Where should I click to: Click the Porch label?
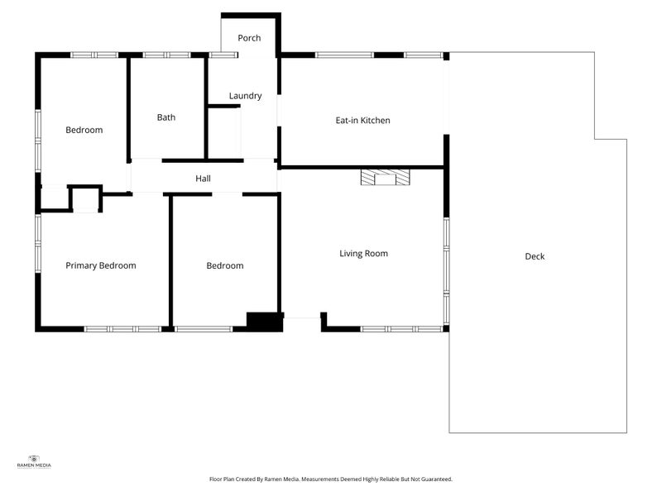249,38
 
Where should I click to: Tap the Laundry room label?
245,96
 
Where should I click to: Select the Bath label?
166,117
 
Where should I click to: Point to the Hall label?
203,179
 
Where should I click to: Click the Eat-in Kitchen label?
362,120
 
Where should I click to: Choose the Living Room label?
363,254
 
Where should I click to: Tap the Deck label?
535,256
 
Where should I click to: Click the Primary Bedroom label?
101,265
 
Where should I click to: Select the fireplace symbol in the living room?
385,177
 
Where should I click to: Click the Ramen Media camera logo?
34,459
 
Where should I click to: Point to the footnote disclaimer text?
330,479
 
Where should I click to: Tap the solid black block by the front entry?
265,322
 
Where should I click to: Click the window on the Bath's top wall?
167,55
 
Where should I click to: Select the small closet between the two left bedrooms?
86,198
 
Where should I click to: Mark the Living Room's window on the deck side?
446,271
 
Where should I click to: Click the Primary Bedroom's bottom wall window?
122,329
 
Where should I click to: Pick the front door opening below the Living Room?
302,318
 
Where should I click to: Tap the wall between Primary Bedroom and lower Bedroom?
170,260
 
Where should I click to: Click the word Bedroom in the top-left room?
84,130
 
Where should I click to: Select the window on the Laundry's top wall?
223,55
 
